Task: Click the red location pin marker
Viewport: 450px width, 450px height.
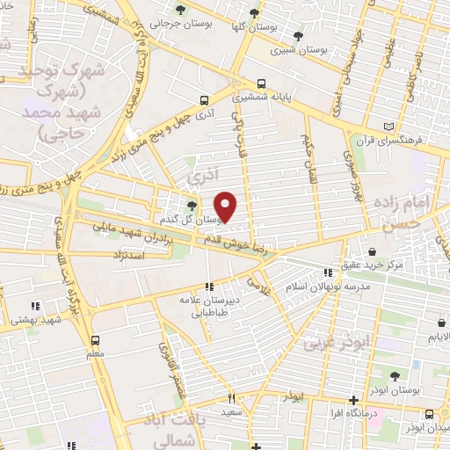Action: (226, 206)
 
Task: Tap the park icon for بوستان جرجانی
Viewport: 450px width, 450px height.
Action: (181, 11)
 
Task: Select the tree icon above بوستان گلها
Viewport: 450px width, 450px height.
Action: (254, 13)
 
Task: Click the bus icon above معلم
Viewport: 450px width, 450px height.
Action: (95, 338)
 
